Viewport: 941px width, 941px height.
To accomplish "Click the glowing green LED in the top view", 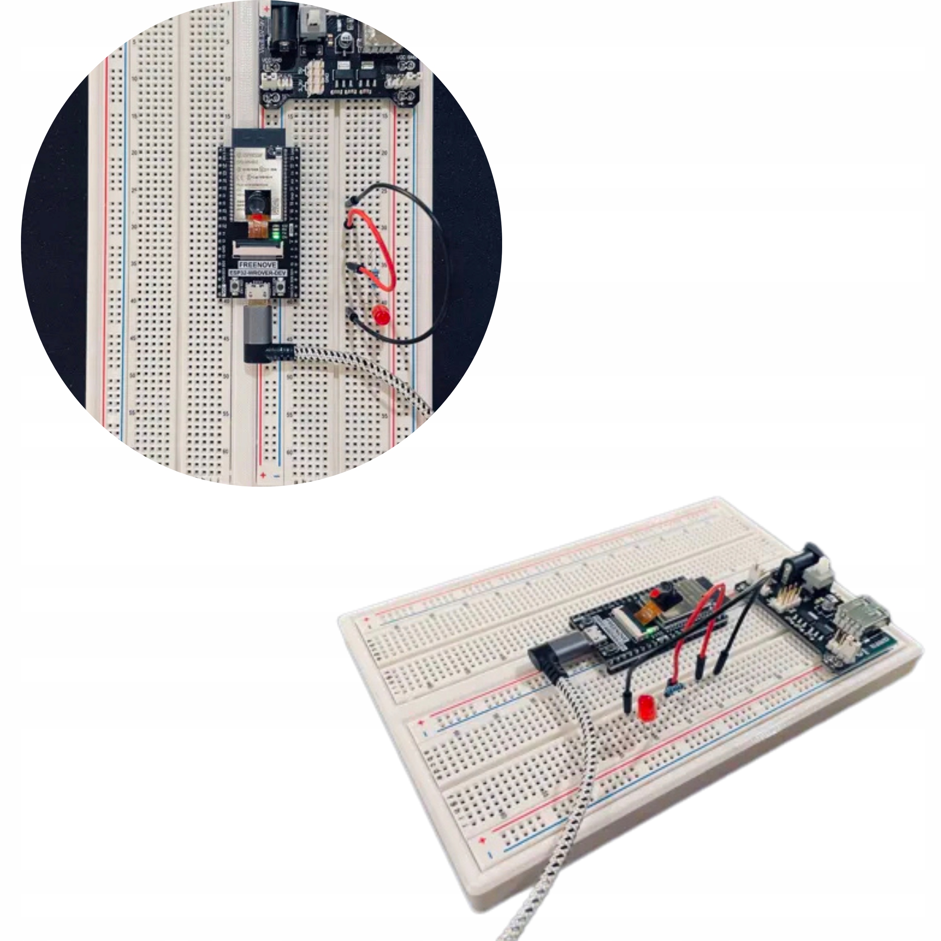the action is [276, 236].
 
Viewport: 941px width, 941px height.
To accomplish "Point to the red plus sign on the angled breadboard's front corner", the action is [483, 841].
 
